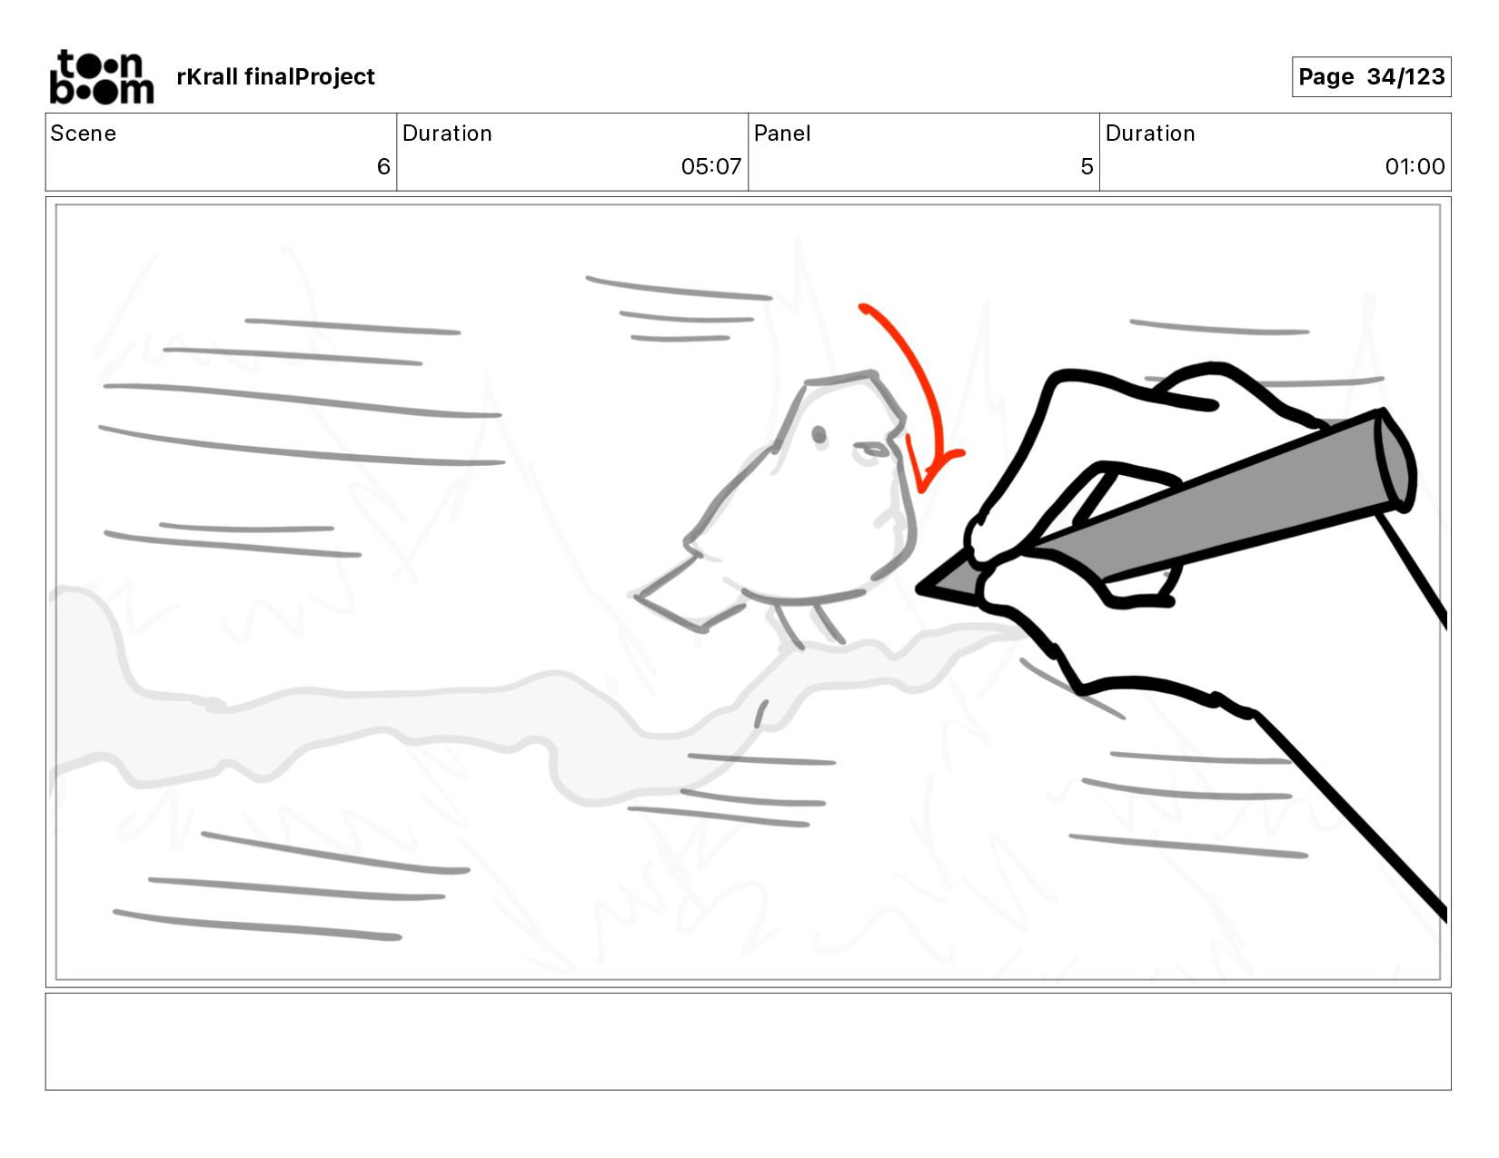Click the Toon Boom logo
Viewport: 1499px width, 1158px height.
102,76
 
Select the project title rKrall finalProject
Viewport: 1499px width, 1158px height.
275,76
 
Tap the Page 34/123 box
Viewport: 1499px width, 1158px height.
1371,76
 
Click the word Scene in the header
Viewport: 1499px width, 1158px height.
83,134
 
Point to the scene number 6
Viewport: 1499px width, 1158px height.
383,166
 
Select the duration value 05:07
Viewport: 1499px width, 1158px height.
710,166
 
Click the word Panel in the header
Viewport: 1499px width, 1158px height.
781,134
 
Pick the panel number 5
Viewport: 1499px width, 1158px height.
1087,166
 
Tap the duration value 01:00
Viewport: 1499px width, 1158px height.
1415,166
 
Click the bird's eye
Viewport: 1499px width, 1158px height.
819,434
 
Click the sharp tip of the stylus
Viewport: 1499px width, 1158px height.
918,589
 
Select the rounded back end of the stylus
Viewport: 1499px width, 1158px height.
1395,460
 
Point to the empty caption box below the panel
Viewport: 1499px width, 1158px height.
749,1042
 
